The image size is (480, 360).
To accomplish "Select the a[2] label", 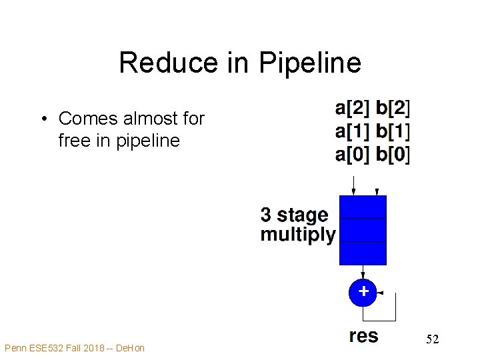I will [x=351, y=107].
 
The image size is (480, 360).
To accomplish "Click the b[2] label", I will [x=393, y=107].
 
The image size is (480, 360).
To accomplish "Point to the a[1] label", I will [x=351, y=131].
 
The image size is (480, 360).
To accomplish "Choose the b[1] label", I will [x=393, y=131].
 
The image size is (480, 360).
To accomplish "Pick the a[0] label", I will [x=351, y=155].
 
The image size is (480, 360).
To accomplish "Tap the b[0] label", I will [x=393, y=155].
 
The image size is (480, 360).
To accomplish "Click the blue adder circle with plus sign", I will [x=363, y=292].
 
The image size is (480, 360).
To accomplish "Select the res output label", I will [x=363, y=336].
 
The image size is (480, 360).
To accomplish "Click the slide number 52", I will [x=433, y=340].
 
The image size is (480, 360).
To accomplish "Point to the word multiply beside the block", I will [x=298, y=235].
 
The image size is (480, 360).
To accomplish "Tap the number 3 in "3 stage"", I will [x=266, y=215].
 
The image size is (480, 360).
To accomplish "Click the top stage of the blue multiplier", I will [x=363, y=207].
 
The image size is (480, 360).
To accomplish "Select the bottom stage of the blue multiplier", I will [x=363, y=253].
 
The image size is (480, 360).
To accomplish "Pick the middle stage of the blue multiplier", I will [x=363, y=229].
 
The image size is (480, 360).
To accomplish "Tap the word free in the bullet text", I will [x=73, y=141].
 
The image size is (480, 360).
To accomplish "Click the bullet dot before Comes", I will [x=43, y=119].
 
